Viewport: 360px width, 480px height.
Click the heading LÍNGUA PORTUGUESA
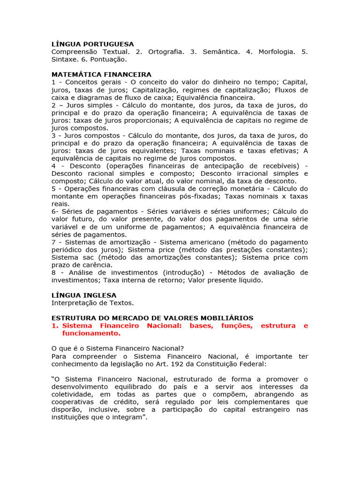[92, 44]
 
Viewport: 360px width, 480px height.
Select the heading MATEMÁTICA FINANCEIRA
[101, 75]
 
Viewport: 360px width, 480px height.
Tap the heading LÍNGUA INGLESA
[84, 295]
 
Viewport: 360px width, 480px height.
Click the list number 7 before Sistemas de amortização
[53, 242]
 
